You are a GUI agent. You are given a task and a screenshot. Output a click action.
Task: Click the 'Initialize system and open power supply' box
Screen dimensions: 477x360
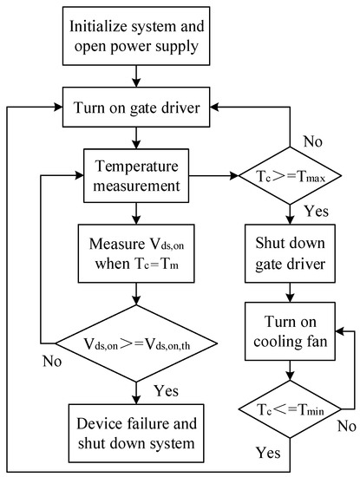coord(133,35)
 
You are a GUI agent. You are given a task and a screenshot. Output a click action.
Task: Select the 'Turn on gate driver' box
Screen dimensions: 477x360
coord(133,108)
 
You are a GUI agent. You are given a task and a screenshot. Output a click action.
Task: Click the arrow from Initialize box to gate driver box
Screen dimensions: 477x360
coord(133,77)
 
